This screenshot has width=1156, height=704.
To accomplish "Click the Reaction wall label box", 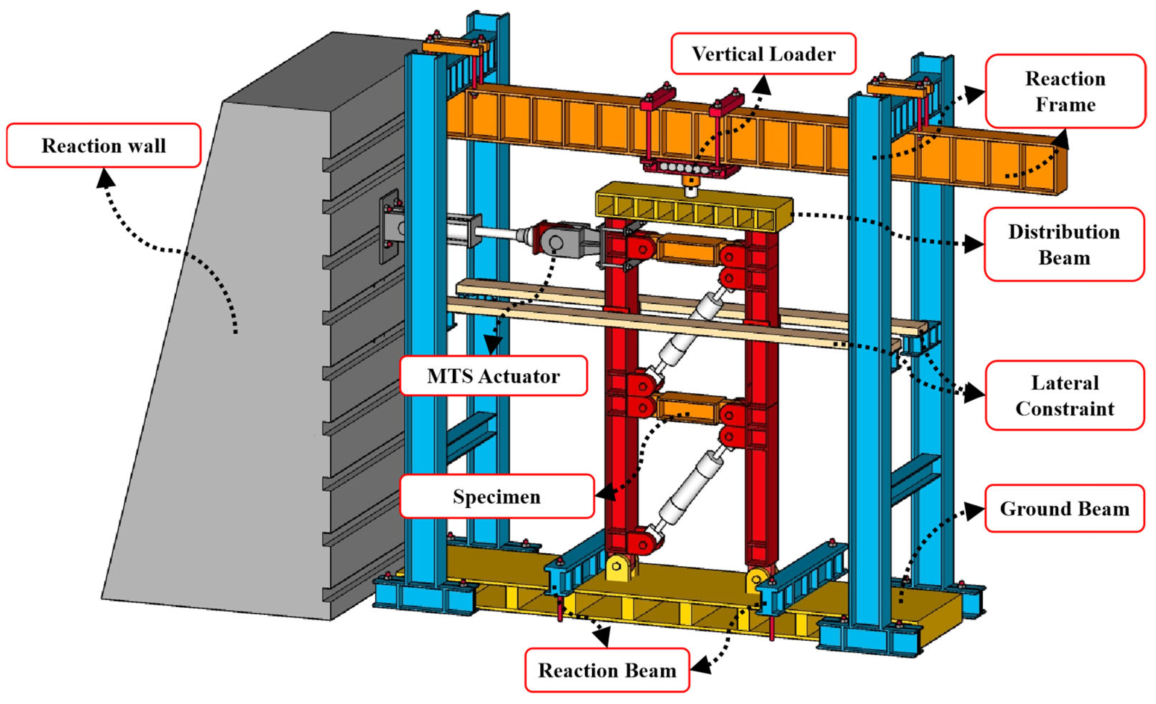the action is point(104,145).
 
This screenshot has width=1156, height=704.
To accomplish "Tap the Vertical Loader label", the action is point(763,53).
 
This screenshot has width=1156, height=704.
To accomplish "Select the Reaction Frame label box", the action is point(1065,91).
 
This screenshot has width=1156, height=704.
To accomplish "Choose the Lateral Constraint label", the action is point(1065,395).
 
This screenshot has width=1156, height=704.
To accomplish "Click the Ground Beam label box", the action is point(1064,508).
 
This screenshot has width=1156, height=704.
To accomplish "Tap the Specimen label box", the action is point(497,497).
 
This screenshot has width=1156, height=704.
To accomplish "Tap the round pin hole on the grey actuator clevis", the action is point(556,243).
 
